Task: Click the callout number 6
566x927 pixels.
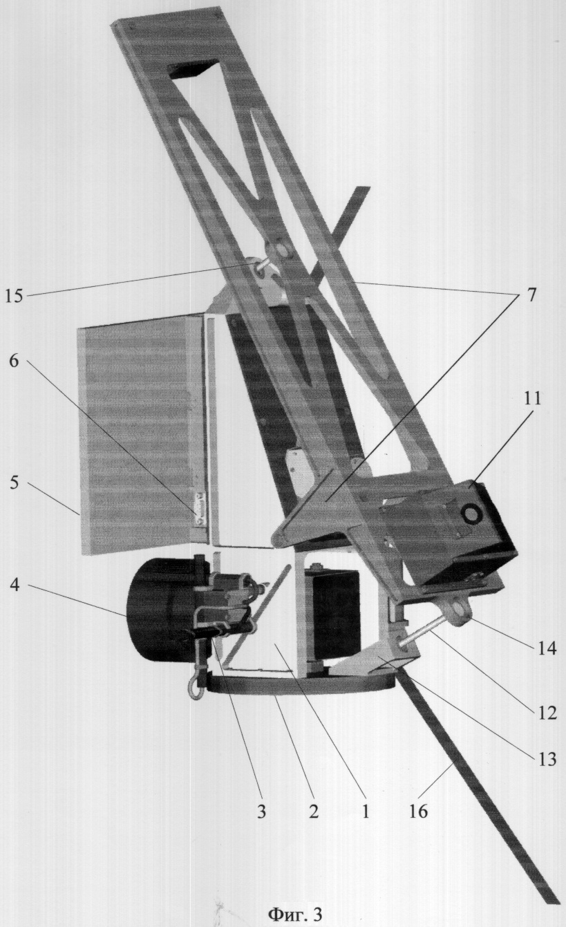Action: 15,360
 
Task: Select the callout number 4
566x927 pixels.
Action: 15,587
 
